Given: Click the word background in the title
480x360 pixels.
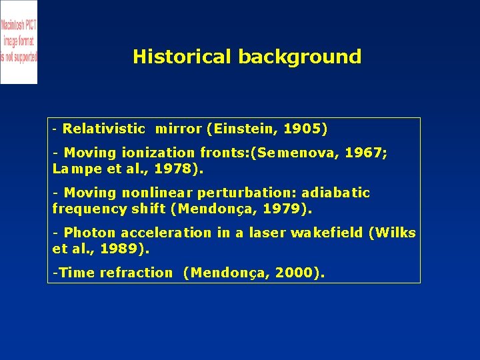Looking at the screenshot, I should point(299,57).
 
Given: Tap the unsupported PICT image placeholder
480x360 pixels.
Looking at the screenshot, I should point(19,42).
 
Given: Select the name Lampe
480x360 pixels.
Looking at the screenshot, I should point(71,169).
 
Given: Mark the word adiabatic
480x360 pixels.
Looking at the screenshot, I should point(335,193).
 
